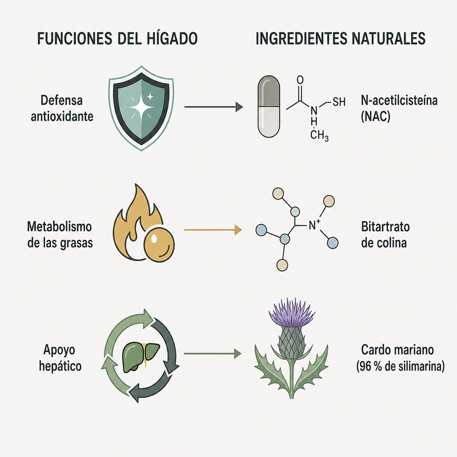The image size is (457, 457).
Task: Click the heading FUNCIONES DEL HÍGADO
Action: coord(118,38)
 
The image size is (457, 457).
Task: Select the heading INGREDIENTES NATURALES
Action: coord(340,38)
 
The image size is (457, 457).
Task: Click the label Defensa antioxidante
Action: coord(62,108)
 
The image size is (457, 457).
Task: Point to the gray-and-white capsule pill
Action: coord(268,106)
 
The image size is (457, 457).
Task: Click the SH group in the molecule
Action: coord(339,102)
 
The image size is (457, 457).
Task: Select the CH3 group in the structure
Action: coord(319,135)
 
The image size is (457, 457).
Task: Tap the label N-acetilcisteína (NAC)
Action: coord(399,108)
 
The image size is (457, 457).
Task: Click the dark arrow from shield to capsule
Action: coord(214,107)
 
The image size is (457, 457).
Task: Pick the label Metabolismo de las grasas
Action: coord(60,235)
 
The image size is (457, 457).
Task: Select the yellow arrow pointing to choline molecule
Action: coord(213,230)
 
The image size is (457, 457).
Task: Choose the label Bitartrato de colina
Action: coord(385,235)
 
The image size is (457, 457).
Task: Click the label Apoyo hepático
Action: coord(60,358)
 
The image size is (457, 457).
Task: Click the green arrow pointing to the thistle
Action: coord(213,354)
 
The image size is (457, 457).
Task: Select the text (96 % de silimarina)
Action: coord(400,366)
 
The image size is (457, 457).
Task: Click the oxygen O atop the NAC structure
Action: coord(300,80)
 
